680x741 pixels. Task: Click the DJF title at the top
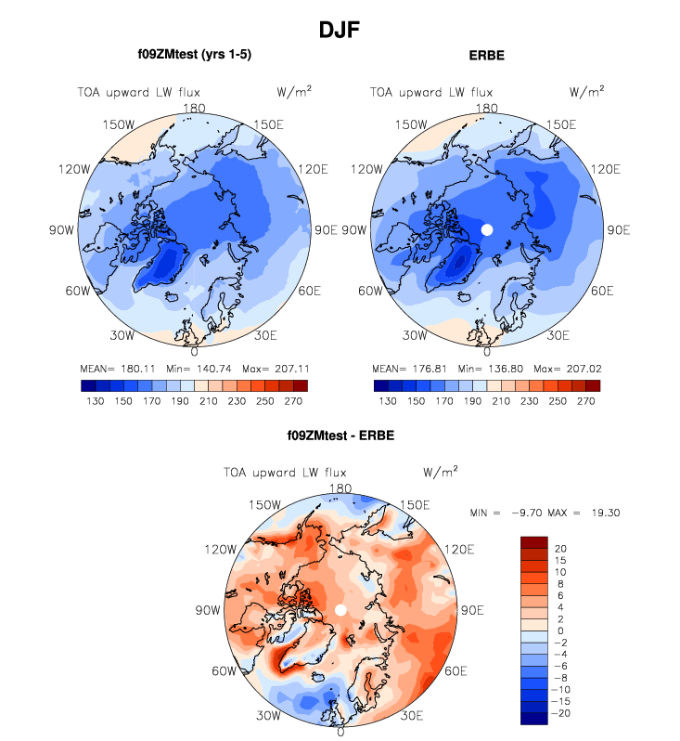[x=339, y=30]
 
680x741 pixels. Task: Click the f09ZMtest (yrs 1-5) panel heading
[x=193, y=54]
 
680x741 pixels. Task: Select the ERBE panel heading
[x=487, y=56]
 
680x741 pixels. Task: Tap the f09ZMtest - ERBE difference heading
[x=340, y=434]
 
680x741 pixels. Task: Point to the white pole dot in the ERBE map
[x=487, y=229]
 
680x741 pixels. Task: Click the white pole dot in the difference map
[x=340, y=609]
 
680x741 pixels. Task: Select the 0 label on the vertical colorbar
[x=558, y=630]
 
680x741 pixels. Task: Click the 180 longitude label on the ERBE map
[x=487, y=108]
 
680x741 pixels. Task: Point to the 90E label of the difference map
[x=472, y=610]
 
